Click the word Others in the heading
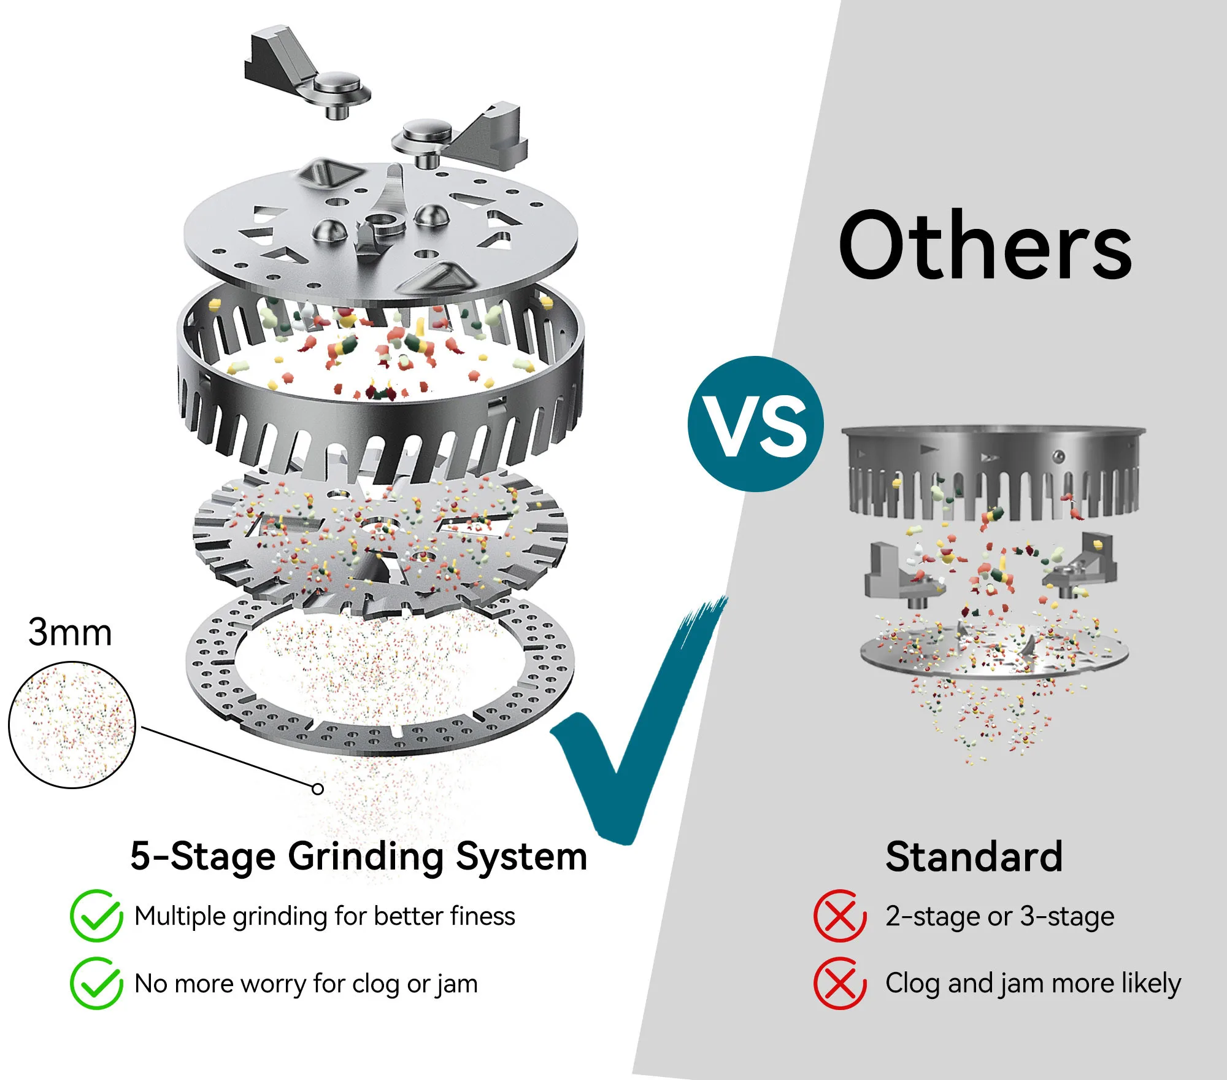(985, 245)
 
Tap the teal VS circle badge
(755, 424)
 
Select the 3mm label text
(70, 632)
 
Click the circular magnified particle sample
(72, 725)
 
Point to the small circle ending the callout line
(317, 789)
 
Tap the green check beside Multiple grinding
(96, 916)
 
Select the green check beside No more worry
(96, 983)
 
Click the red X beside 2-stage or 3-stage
(839, 916)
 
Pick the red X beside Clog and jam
(839, 983)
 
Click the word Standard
(974, 857)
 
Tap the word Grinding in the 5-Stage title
(366, 857)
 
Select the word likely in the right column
(1150, 983)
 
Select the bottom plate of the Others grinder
(994, 657)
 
